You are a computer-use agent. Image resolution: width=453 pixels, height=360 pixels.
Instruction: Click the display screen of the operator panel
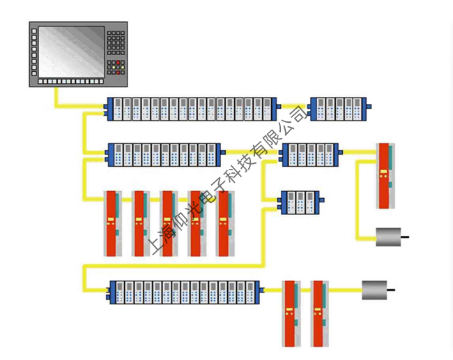tap(67, 51)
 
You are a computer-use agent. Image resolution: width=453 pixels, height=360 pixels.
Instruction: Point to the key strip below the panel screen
tap(67, 82)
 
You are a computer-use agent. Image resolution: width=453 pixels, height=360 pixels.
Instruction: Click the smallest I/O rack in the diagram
tap(299, 202)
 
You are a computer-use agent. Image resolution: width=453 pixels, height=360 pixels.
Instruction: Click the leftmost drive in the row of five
tap(112, 223)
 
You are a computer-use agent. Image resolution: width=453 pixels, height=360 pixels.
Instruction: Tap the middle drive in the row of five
tap(169, 223)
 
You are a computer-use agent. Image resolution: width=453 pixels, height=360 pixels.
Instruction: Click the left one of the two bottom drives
tap(291, 313)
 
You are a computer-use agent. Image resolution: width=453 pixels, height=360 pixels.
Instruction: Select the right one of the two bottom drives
tap(319, 313)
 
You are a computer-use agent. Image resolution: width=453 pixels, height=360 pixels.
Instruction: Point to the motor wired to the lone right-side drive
tap(388, 237)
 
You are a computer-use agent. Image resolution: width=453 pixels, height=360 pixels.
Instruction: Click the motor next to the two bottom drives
tap(374, 290)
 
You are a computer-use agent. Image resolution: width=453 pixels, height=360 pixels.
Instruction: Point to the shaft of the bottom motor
tap(392, 290)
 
